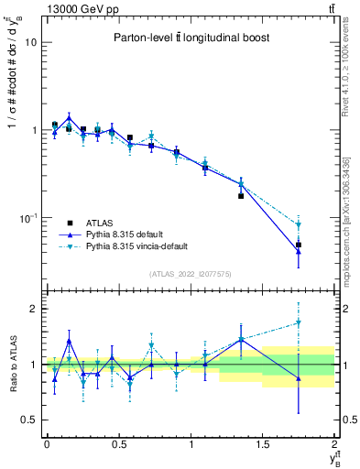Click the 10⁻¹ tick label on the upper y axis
click(x=27, y=218)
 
